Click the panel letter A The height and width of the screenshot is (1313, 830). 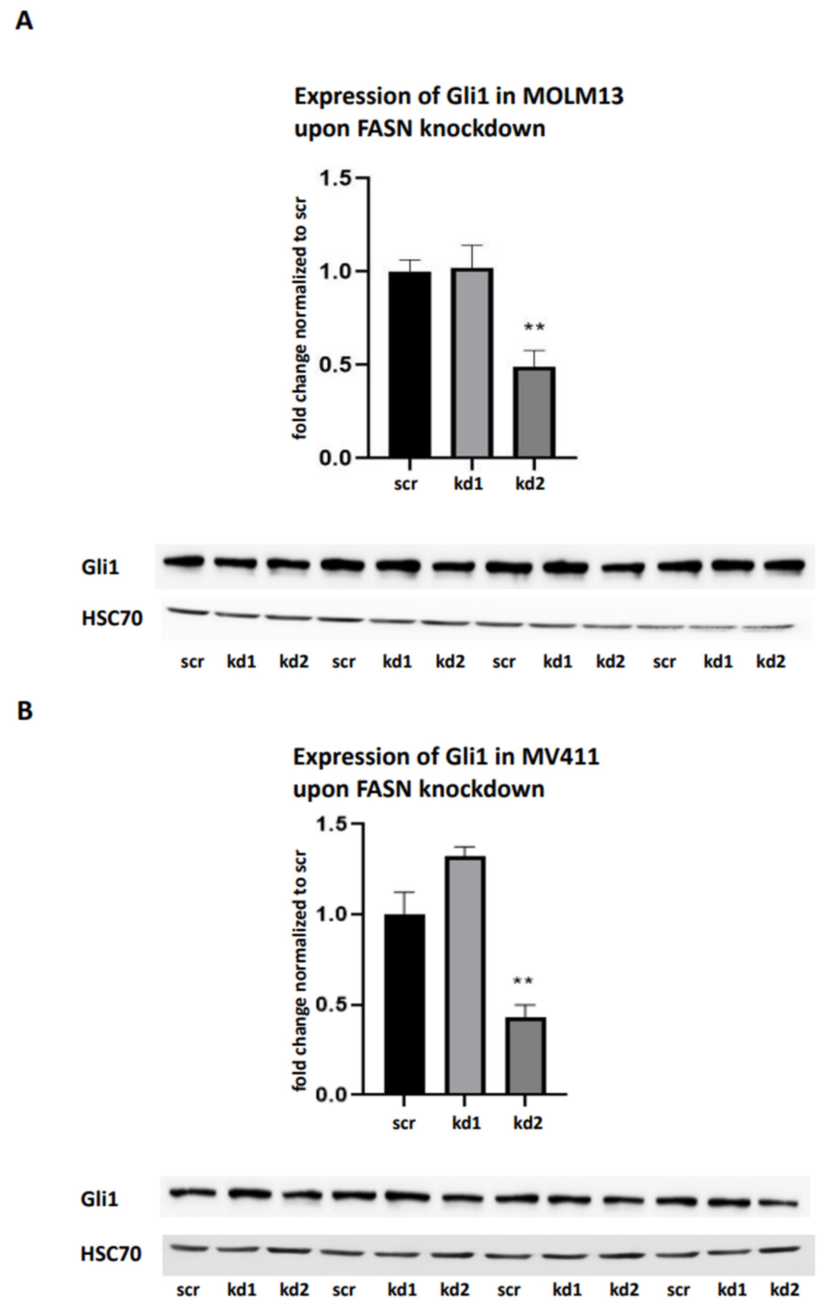[24, 22]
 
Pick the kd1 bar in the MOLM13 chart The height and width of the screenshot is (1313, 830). [472, 363]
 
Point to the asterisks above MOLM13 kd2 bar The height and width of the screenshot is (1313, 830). [534, 328]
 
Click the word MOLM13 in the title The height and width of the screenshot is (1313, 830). [573, 96]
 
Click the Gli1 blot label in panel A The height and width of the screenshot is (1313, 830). [100, 568]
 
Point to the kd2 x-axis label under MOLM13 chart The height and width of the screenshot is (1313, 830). [530, 484]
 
